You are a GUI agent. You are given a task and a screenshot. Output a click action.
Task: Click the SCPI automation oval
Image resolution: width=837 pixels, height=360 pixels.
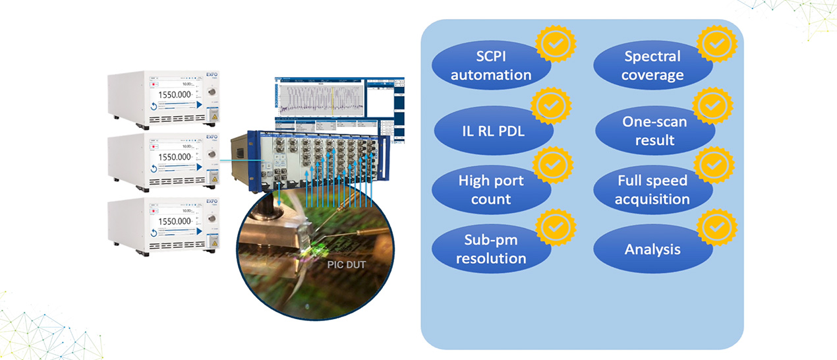490,65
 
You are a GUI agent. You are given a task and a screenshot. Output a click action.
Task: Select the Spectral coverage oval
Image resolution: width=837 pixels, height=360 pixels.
652,66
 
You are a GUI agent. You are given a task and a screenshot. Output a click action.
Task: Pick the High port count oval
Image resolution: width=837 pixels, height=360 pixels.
490,189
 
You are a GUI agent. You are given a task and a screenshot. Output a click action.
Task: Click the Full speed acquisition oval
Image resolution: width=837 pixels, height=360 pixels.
652,189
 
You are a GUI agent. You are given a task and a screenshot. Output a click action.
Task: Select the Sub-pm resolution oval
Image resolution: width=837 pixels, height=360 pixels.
490,249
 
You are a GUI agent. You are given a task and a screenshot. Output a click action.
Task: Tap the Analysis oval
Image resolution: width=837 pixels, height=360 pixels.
652,249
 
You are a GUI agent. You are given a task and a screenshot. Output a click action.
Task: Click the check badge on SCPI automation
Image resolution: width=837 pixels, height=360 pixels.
556,43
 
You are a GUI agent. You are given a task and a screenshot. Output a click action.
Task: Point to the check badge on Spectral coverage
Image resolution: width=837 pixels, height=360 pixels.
717,43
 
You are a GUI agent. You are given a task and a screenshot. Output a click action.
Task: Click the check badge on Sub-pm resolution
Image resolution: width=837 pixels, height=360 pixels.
556,227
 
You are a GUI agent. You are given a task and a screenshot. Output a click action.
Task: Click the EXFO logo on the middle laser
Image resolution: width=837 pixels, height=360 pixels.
212,138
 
